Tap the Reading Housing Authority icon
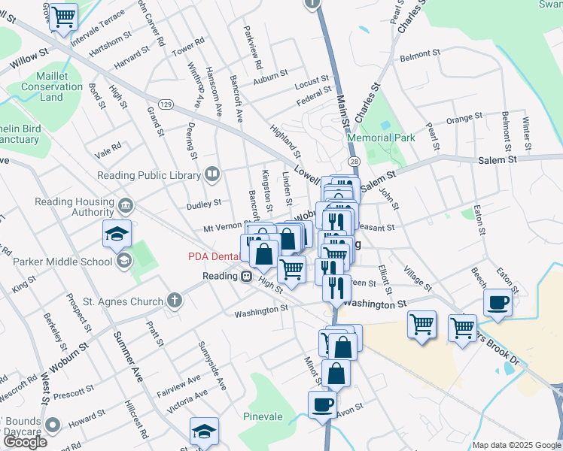click(125, 204)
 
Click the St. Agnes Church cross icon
click(175, 301)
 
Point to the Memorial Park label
click(381, 138)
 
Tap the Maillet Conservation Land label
click(51, 86)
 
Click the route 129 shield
click(165, 103)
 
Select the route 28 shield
click(354, 162)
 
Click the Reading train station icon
click(245, 276)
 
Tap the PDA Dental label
click(215, 256)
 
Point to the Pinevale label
click(263, 416)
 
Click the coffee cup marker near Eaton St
click(498, 303)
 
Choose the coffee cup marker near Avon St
click(322, 404)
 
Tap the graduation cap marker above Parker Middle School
click(117, 235)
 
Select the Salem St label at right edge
click(498, 160)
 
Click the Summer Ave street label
click(128, 357)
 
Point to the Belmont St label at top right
click(420, 55)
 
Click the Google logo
click(24, 442)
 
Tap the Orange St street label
click(464, 118)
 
